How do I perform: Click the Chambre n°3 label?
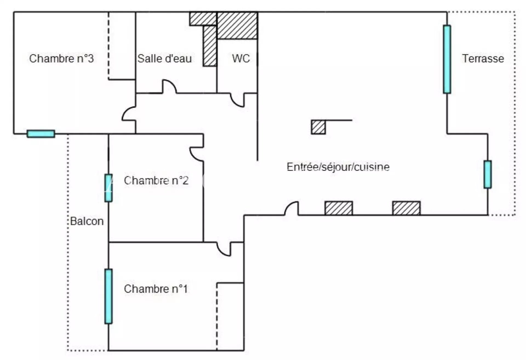click(61, 58)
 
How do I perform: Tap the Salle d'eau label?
click(164, 58)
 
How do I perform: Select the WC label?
click(241, 58)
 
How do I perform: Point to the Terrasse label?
click(483, 58)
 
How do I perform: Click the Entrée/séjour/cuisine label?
click(338, 167)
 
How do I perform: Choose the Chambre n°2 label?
click(156, 180)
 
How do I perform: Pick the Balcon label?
click(87, 221)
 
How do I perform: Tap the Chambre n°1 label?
click(156, 289)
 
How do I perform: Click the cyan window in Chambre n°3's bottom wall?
click(41, 134)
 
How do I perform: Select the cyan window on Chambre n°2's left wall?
click(108, 188)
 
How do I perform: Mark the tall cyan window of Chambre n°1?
click(108, 296)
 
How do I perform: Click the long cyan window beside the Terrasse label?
click(447, 59)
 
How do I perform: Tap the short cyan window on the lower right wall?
click(487, 174)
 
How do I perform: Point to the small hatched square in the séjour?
click(318, 127)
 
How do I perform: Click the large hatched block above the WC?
click(237, 25)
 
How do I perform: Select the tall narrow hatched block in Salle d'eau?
click(210, 46)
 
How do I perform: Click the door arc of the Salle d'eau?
click(170, 86)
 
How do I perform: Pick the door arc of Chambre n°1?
click(224, 249)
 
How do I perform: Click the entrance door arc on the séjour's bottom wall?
click(291, 208)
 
